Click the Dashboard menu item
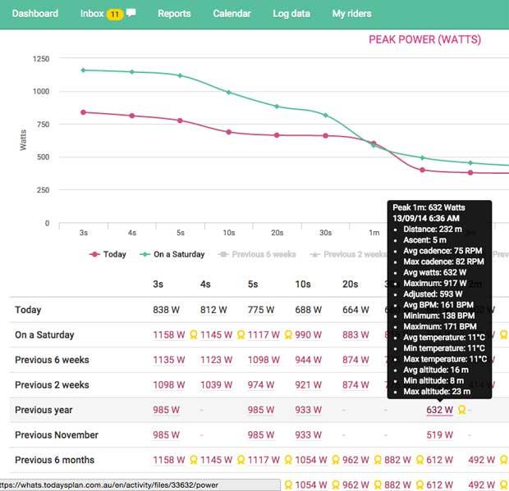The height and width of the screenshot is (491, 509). coord(35,13)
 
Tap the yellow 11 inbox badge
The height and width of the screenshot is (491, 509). coord(114,14)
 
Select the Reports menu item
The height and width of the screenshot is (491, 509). coord(174,13)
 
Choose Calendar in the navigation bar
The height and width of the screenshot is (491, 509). coord(232,13)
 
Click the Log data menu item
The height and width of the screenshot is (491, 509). coord(291,13)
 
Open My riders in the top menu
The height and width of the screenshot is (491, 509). coord(351,13)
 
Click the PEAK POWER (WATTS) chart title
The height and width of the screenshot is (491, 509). coord(424,39)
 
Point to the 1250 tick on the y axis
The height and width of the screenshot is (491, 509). coord(41,59)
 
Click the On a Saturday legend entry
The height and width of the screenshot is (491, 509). coord(174,254)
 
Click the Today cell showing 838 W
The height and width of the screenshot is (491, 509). coord(166,310)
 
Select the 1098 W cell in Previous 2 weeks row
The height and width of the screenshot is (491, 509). coord(166,384)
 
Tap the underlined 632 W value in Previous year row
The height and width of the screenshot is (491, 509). coord(439,410)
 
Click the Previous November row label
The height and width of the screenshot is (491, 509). coord(57,434)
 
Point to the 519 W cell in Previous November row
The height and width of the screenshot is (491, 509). coord(439,434)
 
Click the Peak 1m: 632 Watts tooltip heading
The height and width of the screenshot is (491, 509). coord(429,208)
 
